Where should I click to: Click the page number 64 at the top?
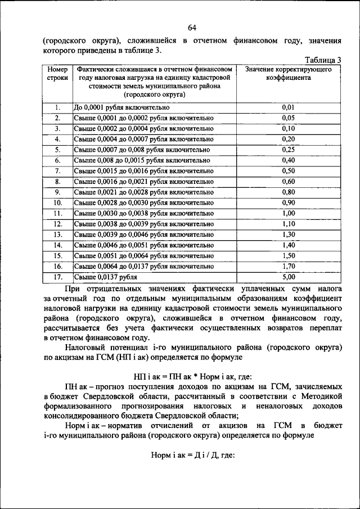click(x=192, y=28)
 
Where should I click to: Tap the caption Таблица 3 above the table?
click(x=323, y=60)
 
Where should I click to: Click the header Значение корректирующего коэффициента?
click(x=289, y=74)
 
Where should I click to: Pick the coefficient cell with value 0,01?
click(x=289, y=107)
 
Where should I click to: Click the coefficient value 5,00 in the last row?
click(x=289, y=277)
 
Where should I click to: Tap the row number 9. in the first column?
click(x=57, y=192)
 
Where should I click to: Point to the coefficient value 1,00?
click(x=289, y=213)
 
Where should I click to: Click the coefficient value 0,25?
click(x=289, y=150)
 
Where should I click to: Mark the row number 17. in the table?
click(x=57, y=277)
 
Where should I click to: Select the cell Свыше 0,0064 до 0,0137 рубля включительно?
click(x=144, y=266)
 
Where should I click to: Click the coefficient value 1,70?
click(x=289, y=266)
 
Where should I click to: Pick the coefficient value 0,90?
click(x=289, y=202)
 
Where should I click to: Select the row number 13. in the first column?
click(x=57, y=235)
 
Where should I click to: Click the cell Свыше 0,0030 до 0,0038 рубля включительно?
click(x=144, y=213)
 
